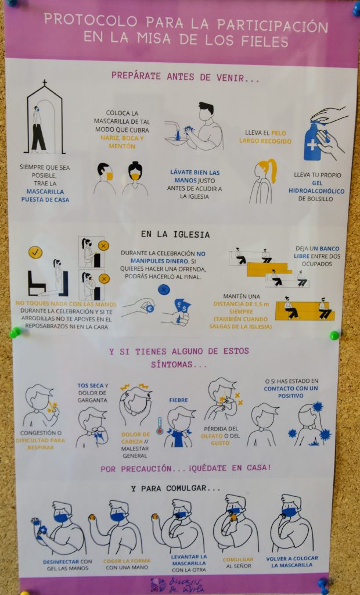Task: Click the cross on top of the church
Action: [x=44, y=83]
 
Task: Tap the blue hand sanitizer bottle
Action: [x=314, y=141]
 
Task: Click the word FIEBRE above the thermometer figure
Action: [x=179, y=400]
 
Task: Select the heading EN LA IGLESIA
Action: [x=175, y=234]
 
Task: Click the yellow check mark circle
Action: [x=35, y=252]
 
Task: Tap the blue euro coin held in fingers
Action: [x=150, y=308]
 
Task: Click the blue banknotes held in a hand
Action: [x=182, y=306]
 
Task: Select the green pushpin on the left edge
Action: [x=15, y=332]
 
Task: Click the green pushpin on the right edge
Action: [x=334, y=335]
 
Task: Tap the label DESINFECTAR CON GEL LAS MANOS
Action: [x=67, y=565]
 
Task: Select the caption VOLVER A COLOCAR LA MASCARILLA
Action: [x=292, y=562]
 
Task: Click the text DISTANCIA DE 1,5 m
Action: [x=242, y=303]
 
